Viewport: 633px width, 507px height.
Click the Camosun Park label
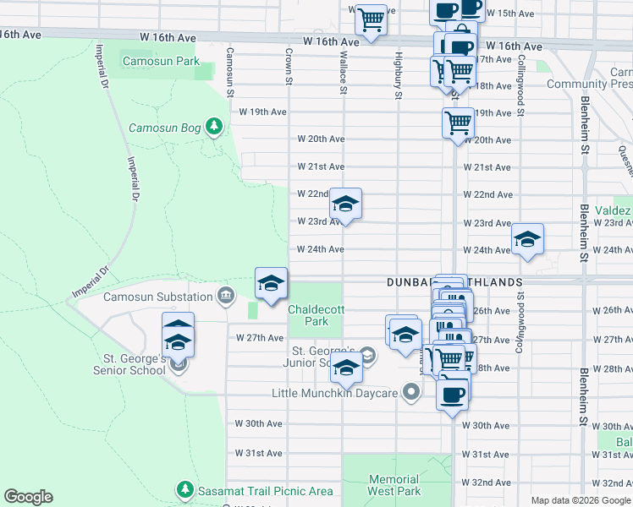[160, 62]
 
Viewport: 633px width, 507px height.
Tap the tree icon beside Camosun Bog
[215, 128]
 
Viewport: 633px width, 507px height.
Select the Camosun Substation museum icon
[225, 296]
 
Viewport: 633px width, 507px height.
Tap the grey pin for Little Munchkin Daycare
[411, 392]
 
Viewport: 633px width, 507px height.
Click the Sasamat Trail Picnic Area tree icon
[184, 490]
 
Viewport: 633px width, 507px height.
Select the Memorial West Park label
[394, 485]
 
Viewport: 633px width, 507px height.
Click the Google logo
[28, 497]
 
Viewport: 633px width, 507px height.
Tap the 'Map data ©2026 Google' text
[580, 500]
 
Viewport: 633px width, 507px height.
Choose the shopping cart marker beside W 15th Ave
[371, 18]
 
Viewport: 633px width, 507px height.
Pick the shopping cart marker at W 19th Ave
[458, 122]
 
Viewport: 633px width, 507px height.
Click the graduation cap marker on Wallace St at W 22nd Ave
[345, 204]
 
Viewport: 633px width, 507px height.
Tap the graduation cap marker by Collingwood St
[527, 239]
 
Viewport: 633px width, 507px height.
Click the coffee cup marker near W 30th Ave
[453, 393]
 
